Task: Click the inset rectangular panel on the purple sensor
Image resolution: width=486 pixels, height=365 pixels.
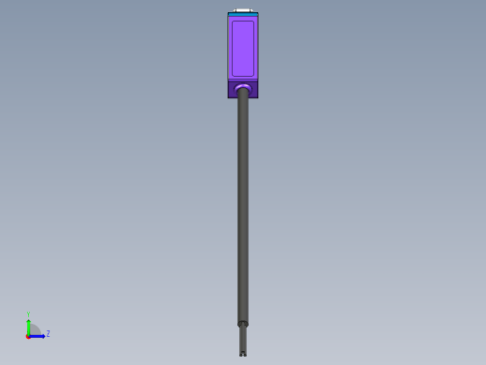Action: [243, 48]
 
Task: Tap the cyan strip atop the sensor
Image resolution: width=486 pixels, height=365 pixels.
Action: [243, 14]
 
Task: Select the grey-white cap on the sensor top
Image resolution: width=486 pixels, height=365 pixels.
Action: [243, 10]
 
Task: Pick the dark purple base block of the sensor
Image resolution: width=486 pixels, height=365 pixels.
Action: [243, 90]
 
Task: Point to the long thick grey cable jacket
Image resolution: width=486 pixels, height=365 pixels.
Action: [243, 206]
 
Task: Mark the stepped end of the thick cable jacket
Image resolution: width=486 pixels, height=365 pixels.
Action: [243, 323]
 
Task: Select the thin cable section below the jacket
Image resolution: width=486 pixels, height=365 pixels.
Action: [243, 338]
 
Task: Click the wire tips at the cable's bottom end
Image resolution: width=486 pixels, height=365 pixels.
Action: [243, 353]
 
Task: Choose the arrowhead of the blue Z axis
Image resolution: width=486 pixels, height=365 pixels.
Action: [42, 335]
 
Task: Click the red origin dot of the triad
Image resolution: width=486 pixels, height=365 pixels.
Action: [28, 335]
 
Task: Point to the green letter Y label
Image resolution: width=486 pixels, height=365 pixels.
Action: [29, 314]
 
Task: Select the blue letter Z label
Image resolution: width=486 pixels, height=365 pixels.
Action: [48, 334]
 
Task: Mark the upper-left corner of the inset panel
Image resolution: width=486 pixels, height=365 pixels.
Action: [232, 21]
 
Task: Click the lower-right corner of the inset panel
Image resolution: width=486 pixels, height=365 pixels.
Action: [254, 76]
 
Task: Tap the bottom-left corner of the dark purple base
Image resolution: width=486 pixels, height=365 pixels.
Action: [229, 96]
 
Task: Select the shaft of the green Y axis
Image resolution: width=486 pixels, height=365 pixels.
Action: [29, 328]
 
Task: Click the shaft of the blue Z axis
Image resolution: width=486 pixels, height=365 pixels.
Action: [36, 335]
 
